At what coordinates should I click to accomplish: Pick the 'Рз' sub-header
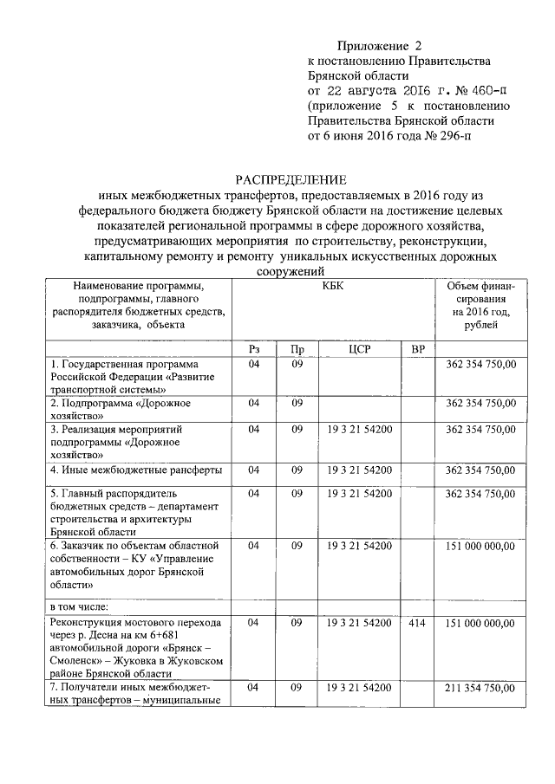pos(254,348)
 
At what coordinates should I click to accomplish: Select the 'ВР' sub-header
pos(418,348)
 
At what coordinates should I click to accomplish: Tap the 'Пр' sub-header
pos(297,348)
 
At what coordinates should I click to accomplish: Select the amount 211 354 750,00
pos(480,687)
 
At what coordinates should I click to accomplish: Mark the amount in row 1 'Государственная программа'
pos(480,365)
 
